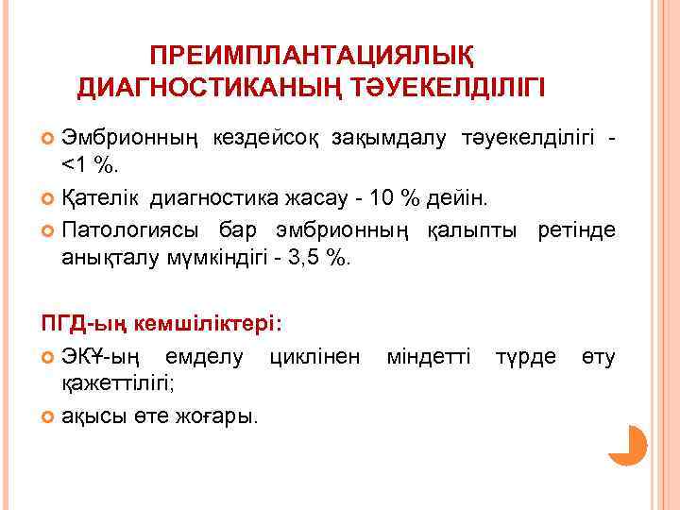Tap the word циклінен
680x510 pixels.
[314, 356]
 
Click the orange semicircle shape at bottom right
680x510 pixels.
[631, 445]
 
